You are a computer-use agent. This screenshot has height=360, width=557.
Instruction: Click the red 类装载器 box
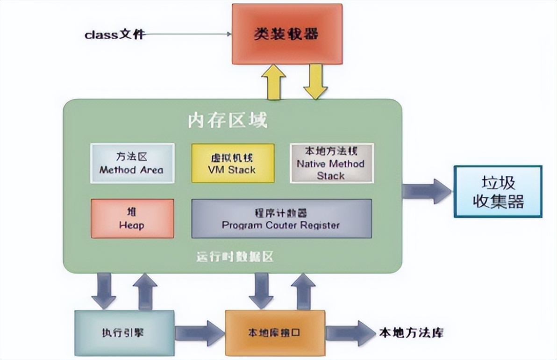click(287, 34)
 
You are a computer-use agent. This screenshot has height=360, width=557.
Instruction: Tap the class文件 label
click(114, 35)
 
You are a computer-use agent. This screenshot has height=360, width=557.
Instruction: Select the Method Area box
click(132, 163)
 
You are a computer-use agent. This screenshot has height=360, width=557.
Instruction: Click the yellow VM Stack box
click(233, 163)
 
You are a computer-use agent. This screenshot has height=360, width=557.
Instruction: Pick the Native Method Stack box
click(331, 163)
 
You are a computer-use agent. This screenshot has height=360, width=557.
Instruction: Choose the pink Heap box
click(132, 218)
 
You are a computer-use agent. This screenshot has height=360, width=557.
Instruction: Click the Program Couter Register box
click(281, 218)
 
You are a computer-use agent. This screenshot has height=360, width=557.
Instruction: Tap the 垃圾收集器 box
click(498, 191)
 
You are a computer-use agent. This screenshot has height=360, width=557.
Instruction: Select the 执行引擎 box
click(124, 333)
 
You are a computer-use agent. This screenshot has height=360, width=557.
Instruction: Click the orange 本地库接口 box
click(275, 333)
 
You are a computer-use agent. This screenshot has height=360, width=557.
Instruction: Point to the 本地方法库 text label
click(411, 333)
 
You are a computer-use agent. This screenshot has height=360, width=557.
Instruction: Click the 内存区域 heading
click(228, 121)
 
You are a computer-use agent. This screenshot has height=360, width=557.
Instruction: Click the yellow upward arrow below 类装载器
click(276, 82)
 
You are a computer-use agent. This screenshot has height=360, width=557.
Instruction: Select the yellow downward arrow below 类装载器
click(315, 82)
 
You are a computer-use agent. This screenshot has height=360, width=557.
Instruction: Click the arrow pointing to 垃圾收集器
click(426, 191)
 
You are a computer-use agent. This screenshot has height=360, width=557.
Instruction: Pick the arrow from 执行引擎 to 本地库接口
click(199, 333)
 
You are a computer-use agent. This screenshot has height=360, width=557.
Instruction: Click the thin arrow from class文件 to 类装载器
click(187, 34)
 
